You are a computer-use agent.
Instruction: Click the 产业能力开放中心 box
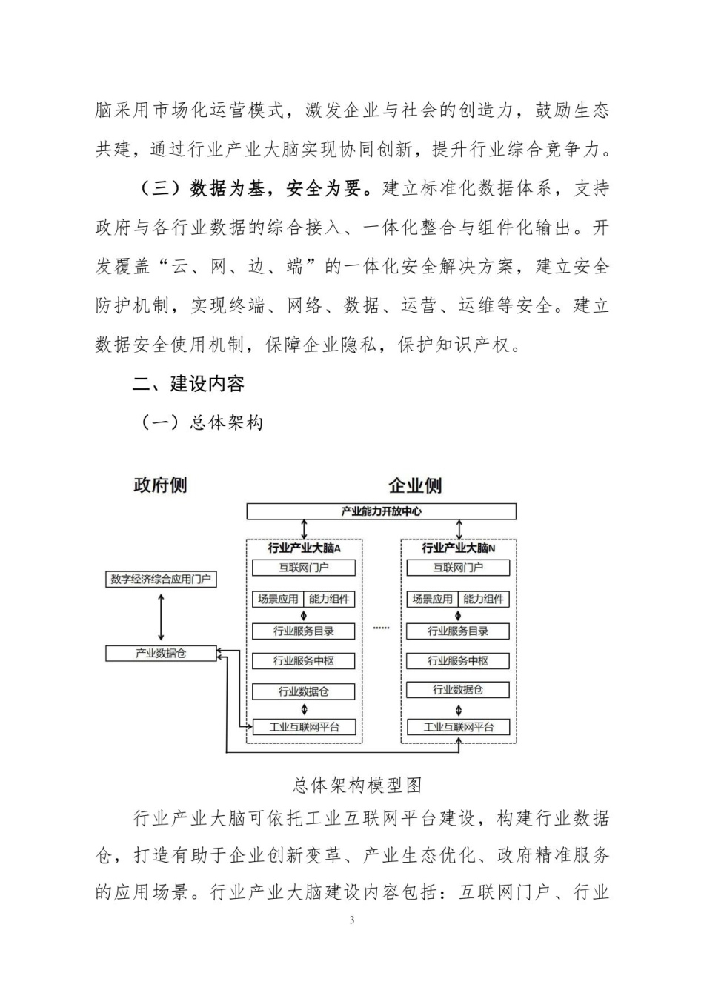point(381,511)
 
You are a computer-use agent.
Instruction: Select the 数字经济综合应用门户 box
point(161,580)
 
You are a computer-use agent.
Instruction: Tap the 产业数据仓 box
point(161,654)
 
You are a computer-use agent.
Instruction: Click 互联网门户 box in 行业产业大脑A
point(304,568)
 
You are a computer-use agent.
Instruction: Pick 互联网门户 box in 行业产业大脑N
point(458,568)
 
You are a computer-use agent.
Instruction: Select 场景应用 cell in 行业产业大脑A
point(278,600)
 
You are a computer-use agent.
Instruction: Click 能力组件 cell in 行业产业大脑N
point(483,600)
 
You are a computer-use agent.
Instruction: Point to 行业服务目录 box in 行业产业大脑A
point(304,631)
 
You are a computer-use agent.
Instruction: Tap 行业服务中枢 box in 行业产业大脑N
point(458,661)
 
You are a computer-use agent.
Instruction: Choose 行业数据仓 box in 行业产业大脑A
point(304,691)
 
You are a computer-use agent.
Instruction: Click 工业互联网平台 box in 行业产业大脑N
point(458,727)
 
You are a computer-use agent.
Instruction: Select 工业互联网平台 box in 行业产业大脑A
point(304,727)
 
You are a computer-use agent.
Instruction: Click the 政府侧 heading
point(160,486)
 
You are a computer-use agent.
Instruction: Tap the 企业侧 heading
point(415,486)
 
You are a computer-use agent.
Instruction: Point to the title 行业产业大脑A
point(304,548)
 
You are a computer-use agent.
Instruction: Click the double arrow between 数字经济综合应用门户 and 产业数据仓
point(161,617)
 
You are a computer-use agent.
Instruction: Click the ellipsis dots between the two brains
point(381,628)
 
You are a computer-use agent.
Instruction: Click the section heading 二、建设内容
point(188,384)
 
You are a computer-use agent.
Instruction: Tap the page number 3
point(352,920)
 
